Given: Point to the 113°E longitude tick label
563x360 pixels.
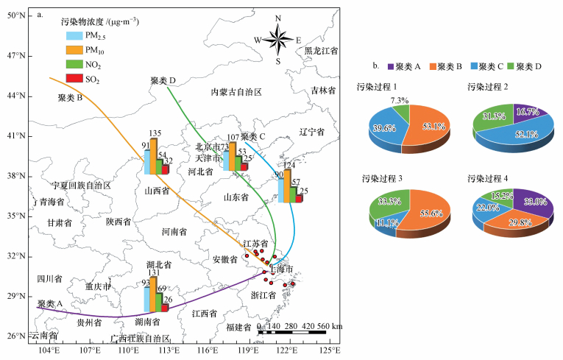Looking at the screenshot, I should click(x=169, y=350).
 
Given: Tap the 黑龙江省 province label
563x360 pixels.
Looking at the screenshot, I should click(x=322, y=51).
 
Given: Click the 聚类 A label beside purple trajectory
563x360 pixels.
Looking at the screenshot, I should click(x=51, y=303).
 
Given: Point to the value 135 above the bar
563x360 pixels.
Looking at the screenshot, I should click(x=155, y=133).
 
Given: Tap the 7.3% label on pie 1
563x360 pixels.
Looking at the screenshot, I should click(x=400, y=100).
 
